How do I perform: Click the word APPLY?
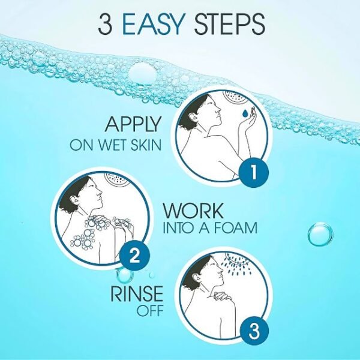[x=133, y=125]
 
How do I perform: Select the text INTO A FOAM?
[x=210, y=229]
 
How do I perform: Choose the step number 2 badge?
[x=134, y=257]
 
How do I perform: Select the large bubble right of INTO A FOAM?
[x=320, y=234]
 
